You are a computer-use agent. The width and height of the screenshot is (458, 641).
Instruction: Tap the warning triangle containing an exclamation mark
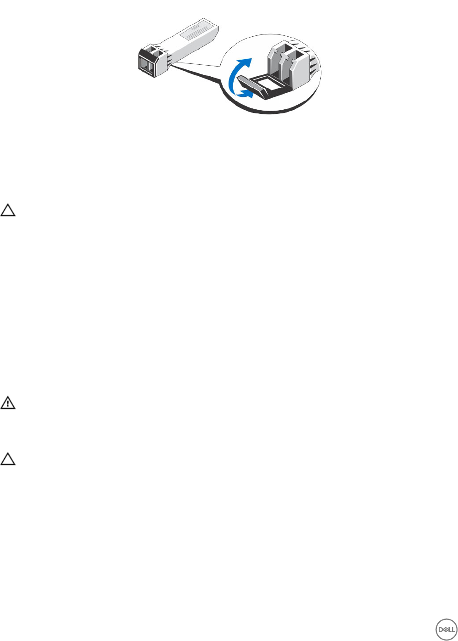click(x=8, y=403)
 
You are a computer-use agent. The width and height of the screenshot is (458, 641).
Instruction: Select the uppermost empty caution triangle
click(x=8, y=210)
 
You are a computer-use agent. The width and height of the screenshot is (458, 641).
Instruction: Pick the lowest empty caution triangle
click(x=8, y=459)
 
